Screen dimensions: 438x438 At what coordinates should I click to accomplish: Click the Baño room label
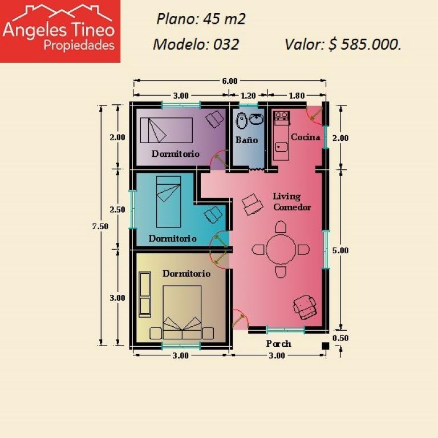pyautogui.click(x=246, y=140)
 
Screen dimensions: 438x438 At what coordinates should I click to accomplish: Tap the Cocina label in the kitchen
pyautogui.click(x=305, y=137)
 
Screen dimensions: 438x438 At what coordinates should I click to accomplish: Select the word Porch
pyautogui.click(x=278, y=343)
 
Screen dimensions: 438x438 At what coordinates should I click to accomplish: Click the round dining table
pyautogui.click(x=281, y=249)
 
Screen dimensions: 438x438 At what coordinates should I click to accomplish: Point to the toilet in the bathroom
pyautogui.click(x=241, y=121)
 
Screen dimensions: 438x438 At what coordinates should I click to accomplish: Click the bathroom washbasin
pyautogui.click(x=255, y=119)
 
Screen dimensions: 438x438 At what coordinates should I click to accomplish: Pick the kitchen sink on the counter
pyautogui.click(x=281, y=147)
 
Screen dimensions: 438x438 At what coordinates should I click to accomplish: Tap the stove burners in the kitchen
pyautogui.click(x=281, y=115)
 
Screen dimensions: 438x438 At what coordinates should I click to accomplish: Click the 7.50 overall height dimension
pyautogui.click(x=100, y=226)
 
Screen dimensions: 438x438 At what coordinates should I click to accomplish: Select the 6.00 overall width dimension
pyautogui.click(x=230, y=81)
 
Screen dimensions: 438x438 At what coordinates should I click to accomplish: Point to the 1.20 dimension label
pyautogui.click(x=248, y=96)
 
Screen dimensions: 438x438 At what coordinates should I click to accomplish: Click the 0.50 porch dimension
pyautogui.click(x=340, y=338)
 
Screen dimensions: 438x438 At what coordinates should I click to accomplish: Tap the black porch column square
pyautogui.click(x=325, y=346)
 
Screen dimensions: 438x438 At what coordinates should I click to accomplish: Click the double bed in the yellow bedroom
pyautogui.click(x=182, y=313)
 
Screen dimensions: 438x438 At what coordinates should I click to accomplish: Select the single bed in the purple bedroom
pyautogui.click(x=166, y=130)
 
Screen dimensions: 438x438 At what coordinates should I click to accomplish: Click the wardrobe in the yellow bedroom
pyautogui.click(x=145, y=294)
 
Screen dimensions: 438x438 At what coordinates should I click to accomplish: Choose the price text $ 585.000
pyautogui.click(x=365, y=44)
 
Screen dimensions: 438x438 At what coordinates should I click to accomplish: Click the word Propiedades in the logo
pyautogui.click(x=79, y=45)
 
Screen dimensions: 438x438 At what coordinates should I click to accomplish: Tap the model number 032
pyautogui.click(x=226, y=44)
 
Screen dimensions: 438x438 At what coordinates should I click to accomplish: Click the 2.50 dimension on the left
pyautogui.click(x=117, y=209)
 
